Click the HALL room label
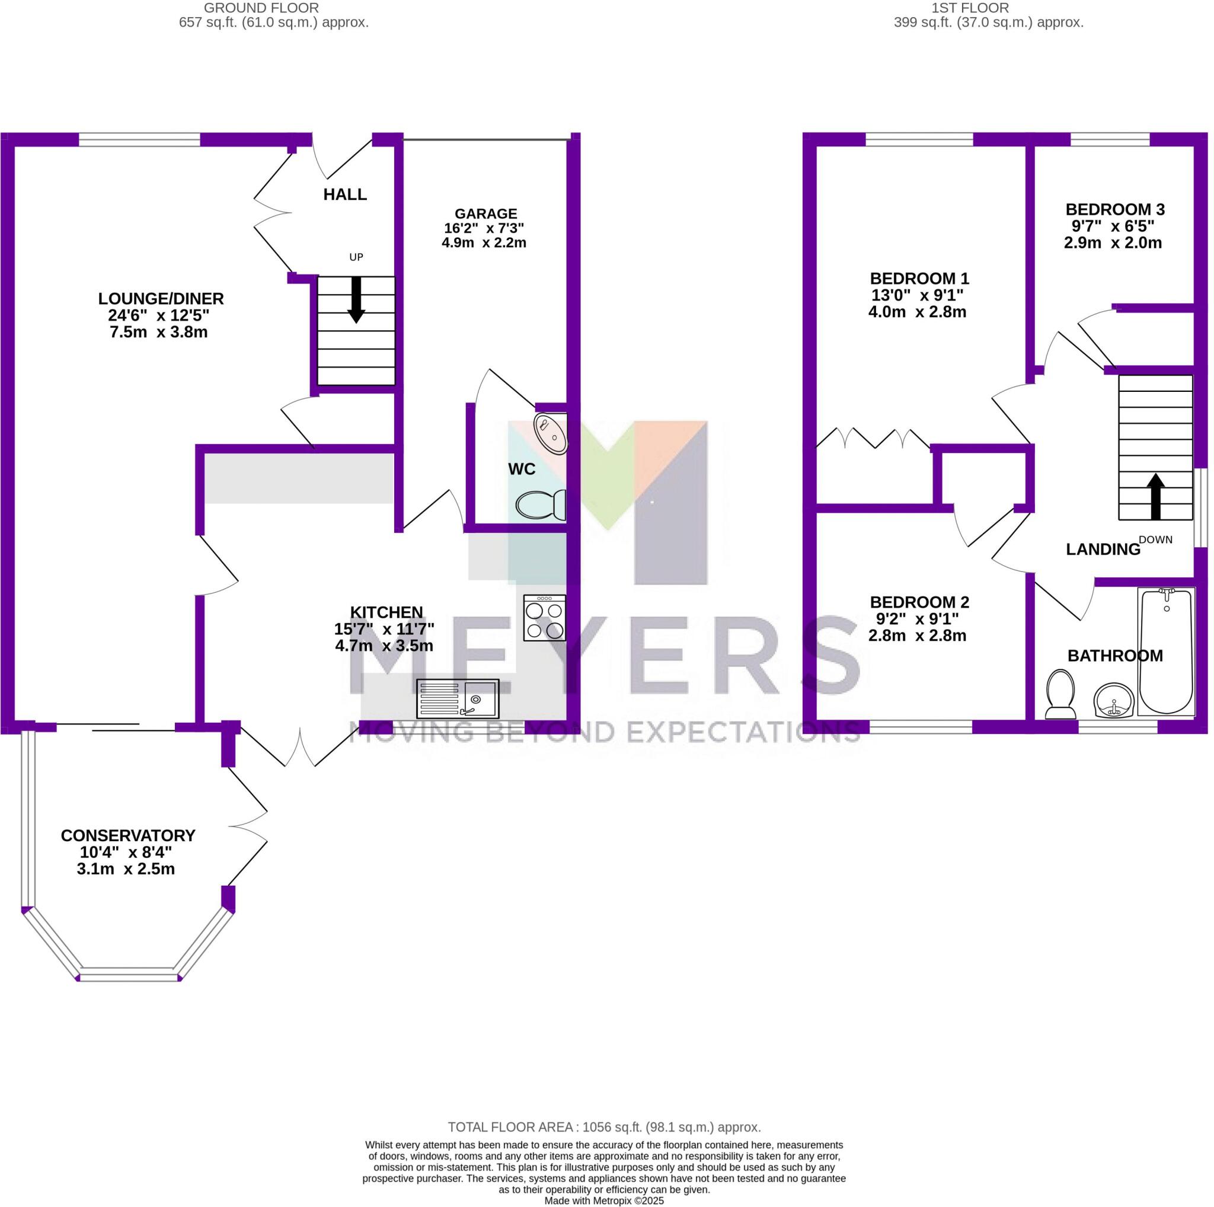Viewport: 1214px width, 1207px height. tap(345, 195)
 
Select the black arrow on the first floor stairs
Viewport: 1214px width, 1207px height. tap(1155, 496)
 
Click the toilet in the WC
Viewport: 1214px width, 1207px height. tap(541, 504)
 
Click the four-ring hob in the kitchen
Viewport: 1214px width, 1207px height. tap(544, 618)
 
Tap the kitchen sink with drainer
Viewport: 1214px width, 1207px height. tap(458, 699)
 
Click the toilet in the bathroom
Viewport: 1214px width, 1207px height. tap(1060, 694)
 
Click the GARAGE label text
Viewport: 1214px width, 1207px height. tap(485, 213)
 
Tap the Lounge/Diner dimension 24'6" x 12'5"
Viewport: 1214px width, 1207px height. tap(158, 315)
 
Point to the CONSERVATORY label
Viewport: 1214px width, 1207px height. tap(128, 836)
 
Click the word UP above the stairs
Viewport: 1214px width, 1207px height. tap(356, 257)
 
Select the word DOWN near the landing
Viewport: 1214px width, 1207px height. tap(1155, 539)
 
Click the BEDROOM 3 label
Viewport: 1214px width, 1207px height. tap(1116, 209)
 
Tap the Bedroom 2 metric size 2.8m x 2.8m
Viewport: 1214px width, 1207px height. tap(918, 636)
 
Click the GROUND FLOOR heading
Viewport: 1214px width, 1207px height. tap(261, 8)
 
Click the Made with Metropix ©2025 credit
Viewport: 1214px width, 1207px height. tap(604, 1200)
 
